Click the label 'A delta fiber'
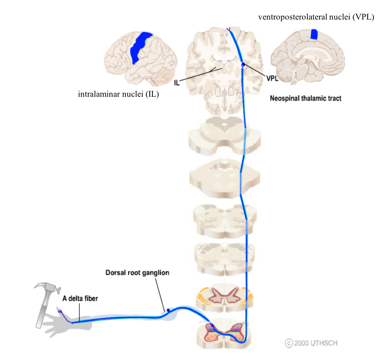(x=80, y=299)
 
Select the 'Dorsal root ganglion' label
(x=137, y=273)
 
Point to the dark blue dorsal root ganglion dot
(x=168, y=310)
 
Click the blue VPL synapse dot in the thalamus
(x=243, y=64)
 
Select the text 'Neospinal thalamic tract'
(x=305, y=98)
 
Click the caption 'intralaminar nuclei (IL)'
(x=118, y=94)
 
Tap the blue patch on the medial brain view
(x=314, y=34)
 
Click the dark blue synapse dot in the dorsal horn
(x=212, y=325)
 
